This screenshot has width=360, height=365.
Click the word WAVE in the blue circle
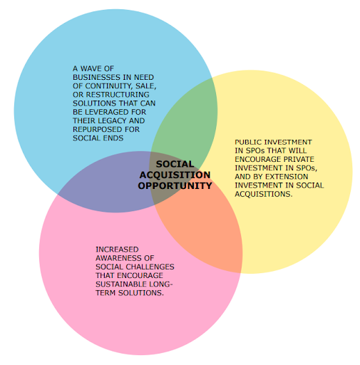click(90, 68)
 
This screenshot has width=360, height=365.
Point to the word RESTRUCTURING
click(118, 95)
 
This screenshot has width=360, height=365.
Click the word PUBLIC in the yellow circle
click(249, 142)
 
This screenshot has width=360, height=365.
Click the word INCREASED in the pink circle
click(117, 250)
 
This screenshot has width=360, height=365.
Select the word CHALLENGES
click(150, 267)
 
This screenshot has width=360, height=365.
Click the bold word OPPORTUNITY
click(175, 186)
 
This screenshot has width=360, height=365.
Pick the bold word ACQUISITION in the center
click(175, 175)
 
